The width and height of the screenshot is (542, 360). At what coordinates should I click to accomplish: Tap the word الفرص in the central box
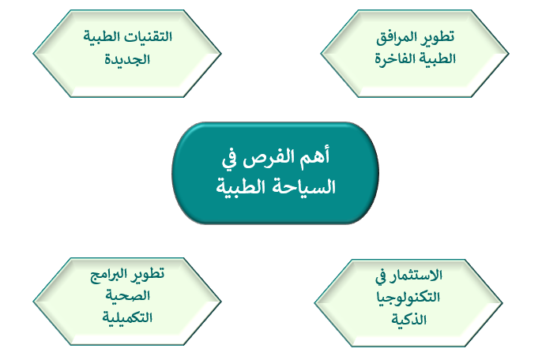pos(269,158)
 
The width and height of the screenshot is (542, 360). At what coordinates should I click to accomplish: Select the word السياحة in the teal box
pos(304,187)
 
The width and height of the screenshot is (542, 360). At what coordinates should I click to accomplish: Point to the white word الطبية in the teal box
pos(242,187)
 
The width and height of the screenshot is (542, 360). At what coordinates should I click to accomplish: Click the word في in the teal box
pos(229,159)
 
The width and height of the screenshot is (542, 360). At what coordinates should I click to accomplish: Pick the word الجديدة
pos(127,59)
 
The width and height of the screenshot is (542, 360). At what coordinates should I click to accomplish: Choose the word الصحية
pos(127,296)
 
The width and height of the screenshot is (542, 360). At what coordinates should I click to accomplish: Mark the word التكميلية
pos(127,317)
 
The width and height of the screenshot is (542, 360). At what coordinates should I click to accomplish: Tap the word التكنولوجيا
pos(408,297)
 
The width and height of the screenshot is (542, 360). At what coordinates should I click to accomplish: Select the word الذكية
pos(409,320)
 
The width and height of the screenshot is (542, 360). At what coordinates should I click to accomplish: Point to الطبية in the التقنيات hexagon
pos(103,36)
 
